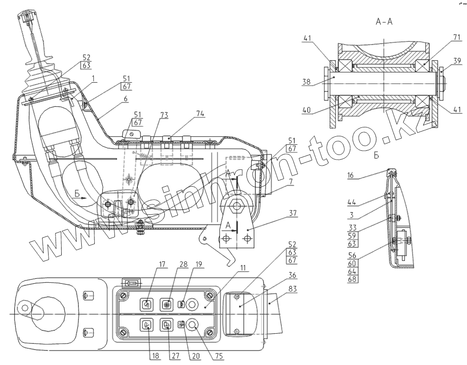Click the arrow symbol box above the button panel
(x=131, y=283)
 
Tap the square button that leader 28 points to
(x=166, y=303)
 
